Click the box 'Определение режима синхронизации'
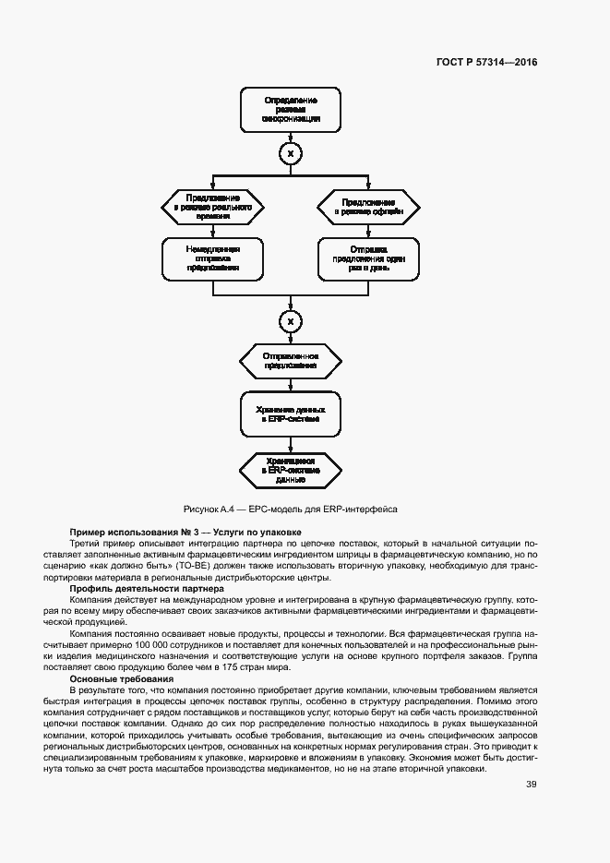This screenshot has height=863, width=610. point(291,110)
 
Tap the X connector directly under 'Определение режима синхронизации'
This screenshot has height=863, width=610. point(291,152)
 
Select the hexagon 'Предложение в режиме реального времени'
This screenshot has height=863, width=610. point(213,208)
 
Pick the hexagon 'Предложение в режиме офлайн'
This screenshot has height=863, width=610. point(368,208)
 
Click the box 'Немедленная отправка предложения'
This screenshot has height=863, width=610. point(213,258)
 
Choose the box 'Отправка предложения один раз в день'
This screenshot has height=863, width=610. point(368,258)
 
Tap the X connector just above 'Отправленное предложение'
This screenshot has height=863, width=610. point(291,321)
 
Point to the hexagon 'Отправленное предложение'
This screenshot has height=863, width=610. point(291,360)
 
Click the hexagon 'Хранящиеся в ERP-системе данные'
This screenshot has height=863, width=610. point(291,470)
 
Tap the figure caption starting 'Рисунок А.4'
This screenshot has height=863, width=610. point(291,509)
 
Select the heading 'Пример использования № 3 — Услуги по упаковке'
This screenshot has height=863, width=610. point(185,533)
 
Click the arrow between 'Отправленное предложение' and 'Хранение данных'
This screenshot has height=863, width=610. point(291,382)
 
